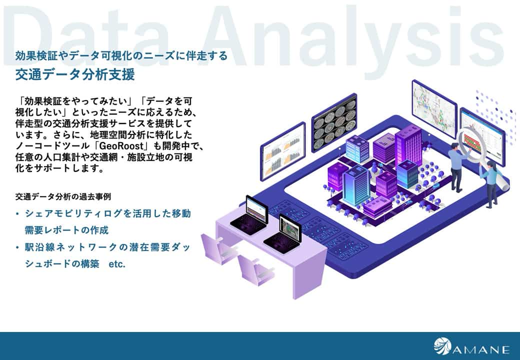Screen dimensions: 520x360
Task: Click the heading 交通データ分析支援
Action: (x=75, y=74)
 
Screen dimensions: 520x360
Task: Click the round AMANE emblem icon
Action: (x=442, y=345)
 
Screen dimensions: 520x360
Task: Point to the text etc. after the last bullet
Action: (x=117, y=264)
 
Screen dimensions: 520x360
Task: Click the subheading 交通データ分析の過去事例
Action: (x=63, y=196)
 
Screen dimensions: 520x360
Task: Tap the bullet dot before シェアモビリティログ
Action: (x=17, y=213)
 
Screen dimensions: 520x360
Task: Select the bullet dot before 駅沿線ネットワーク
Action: (x=17, y=247)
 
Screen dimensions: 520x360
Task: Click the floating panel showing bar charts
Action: (x=283, y=151)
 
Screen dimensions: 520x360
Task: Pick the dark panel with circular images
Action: (x=334, y=122)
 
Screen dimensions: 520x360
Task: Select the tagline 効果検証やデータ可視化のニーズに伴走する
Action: (x=121, y=55)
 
